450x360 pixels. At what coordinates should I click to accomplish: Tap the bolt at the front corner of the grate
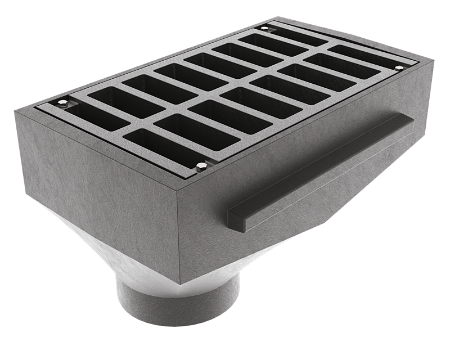(x=201, y=165)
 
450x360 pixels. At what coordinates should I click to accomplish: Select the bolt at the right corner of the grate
(x=399, y=68)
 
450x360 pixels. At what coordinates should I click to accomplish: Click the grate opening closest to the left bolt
(x=112, y=101)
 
